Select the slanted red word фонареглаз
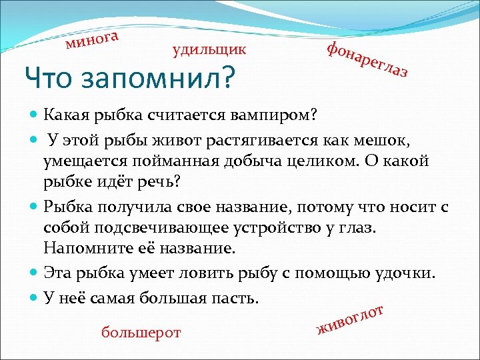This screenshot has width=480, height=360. click(x=367, y=59)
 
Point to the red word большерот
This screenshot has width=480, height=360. click(x=141, y=332)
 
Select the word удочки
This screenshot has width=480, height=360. click(x=407, y=273)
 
